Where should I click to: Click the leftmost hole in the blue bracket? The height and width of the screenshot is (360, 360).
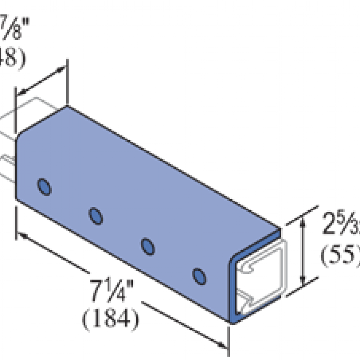point(44,187)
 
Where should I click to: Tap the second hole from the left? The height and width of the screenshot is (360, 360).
point(96,216)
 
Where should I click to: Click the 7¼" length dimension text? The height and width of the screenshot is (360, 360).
point(109,293)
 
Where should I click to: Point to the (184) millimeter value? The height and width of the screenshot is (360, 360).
point(110,317)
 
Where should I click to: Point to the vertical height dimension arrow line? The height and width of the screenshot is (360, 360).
point(303,249)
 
